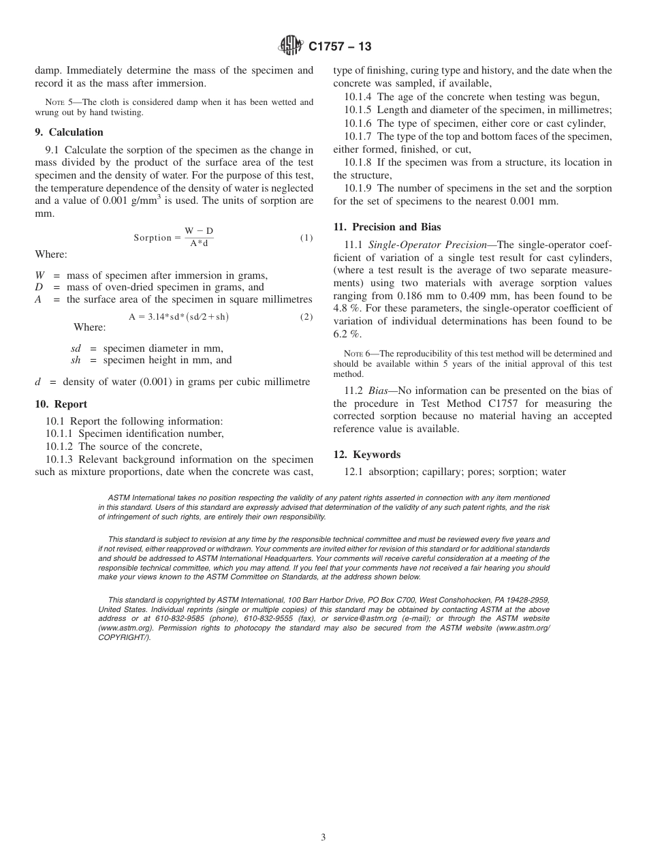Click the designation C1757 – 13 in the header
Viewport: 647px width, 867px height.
click(340, 47)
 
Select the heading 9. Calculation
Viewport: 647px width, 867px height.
click(69, 132)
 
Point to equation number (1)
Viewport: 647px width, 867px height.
click(306, 238)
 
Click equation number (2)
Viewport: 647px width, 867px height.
click(306, 317)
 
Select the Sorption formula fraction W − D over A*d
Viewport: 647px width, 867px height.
click(199, 237)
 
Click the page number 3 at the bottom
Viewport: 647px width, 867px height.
click(323, 838)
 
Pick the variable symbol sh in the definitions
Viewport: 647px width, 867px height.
click(76, 361)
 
